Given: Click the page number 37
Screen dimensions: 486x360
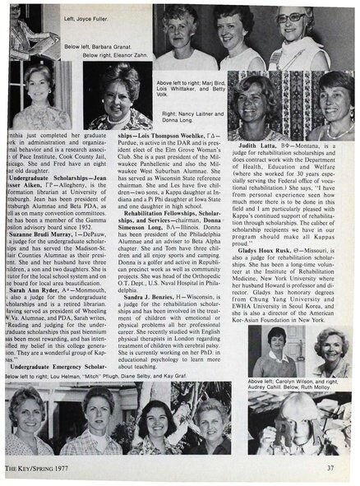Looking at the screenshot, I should [330, 468].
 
